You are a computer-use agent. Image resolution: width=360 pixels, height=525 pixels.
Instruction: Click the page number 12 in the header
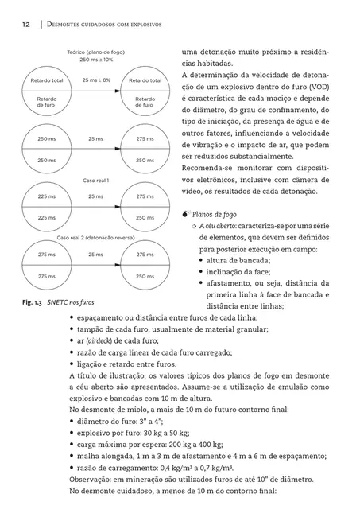26,25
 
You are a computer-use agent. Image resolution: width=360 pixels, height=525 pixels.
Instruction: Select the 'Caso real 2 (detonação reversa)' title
92,238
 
